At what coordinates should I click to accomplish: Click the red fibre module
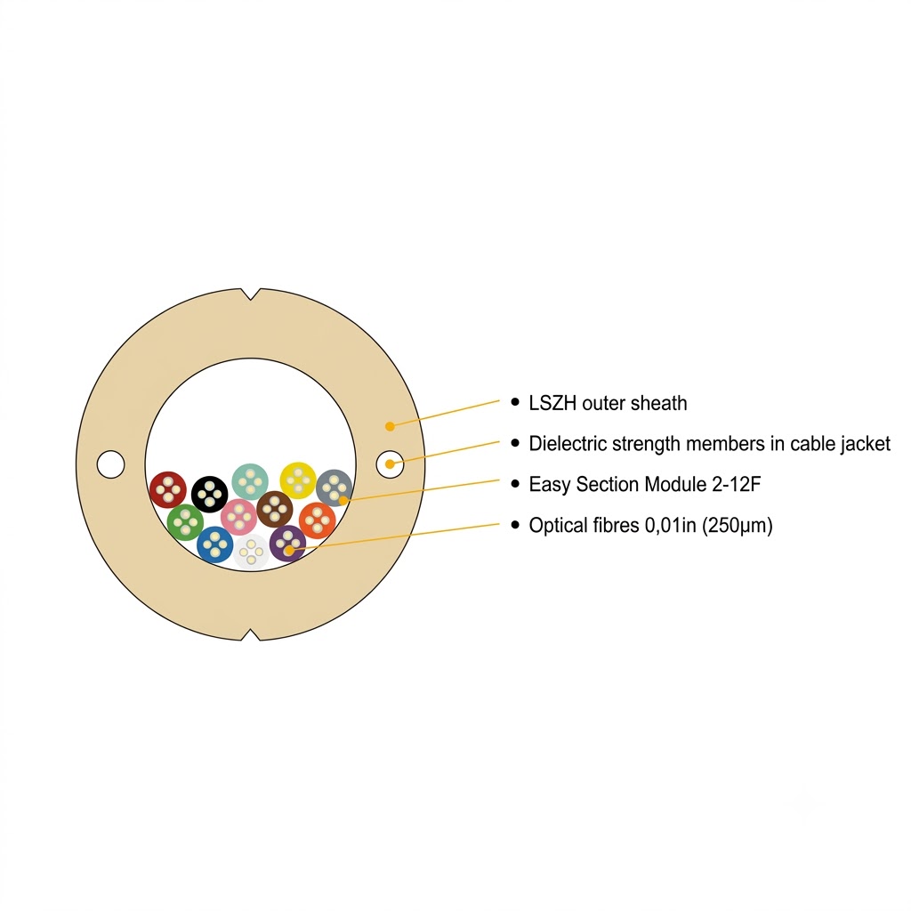click(x=168, y=490)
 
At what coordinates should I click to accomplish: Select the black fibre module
click(x=210, y=495)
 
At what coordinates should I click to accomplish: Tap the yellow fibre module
click(x=298, y=480)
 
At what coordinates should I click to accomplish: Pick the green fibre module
click(x=185, y=522)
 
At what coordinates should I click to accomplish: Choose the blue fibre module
click(x=215, y=545)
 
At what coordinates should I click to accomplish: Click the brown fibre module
click(x=275, y=509)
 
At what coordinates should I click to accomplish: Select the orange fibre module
click(x=318, y=520)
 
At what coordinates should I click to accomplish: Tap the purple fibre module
click(x=287, y=544)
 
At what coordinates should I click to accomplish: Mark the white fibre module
click(x=251, y=552)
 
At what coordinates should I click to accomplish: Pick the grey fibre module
click(x=335, y=488)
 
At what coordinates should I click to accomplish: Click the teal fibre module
click(x=250, y=481)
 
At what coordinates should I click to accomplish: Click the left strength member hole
click(x=110, y=464)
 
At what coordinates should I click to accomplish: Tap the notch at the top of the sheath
click(x=250, y=294)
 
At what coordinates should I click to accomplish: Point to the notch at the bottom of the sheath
click(x=250, y=635)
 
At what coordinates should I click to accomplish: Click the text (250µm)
click(x=738, y=526)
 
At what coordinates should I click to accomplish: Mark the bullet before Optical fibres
click(x=515, y=525)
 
